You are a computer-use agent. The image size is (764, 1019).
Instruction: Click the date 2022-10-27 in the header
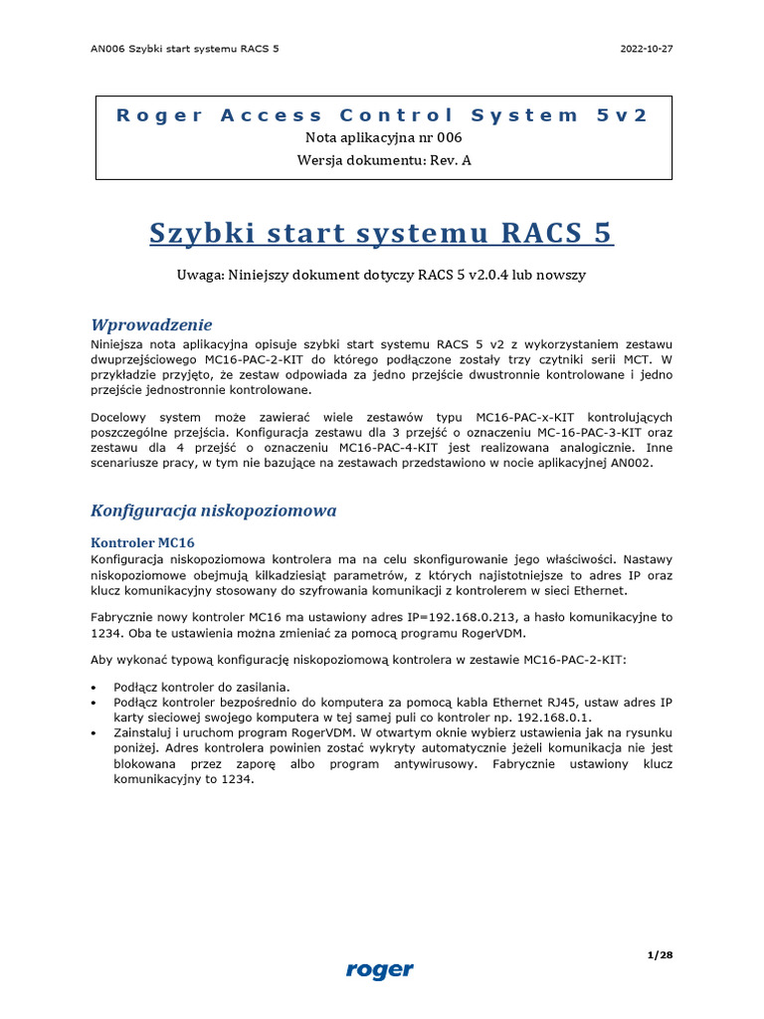[647, 49]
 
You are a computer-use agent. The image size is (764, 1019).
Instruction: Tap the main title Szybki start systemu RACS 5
[381, 233]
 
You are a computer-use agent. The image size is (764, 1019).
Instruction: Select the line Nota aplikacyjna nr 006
[382, 138]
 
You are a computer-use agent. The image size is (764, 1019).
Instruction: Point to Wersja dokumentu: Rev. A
[382, 160]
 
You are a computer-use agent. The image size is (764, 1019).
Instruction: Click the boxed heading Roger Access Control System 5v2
[382, 114]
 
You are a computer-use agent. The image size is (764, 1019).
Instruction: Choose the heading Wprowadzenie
[151, 324]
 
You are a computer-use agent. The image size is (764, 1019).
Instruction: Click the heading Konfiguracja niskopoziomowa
[213, 510]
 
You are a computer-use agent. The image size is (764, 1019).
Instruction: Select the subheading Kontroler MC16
[142, 542]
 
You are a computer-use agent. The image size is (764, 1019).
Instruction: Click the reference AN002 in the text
[631, 463]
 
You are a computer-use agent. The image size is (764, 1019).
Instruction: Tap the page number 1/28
[660, 955]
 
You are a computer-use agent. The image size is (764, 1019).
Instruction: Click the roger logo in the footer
[380, 969]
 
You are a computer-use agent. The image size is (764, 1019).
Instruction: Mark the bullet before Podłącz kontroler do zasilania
[94, 687]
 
